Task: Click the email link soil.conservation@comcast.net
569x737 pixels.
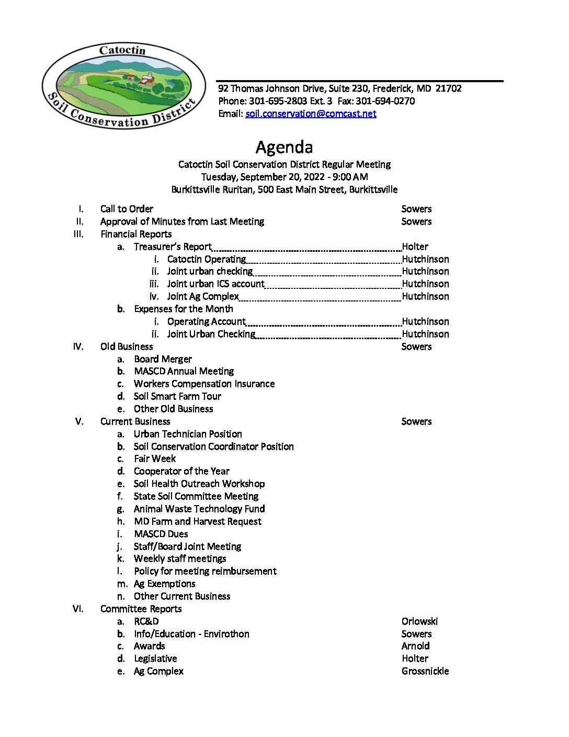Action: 311,114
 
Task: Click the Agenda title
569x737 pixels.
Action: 284,147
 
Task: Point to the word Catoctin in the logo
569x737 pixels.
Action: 122,50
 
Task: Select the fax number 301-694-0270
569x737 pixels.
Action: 385,101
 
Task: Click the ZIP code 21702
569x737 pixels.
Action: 448,88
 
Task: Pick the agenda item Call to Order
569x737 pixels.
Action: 127,209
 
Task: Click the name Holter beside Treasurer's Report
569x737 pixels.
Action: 415,247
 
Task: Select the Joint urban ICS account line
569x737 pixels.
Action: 215,284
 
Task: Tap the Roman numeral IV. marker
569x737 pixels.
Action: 78,347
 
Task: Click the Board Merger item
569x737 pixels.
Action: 163,359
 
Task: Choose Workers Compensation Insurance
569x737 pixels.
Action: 204,384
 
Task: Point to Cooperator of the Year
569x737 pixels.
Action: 181,471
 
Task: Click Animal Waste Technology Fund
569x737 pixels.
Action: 199,509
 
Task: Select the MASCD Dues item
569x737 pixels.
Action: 161,534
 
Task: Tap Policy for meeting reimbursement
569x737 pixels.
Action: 205,571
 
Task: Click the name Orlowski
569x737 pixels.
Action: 419,621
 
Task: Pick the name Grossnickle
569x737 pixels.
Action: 425,671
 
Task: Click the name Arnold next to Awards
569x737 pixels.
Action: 415,646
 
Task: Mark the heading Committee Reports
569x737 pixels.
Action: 141,609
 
